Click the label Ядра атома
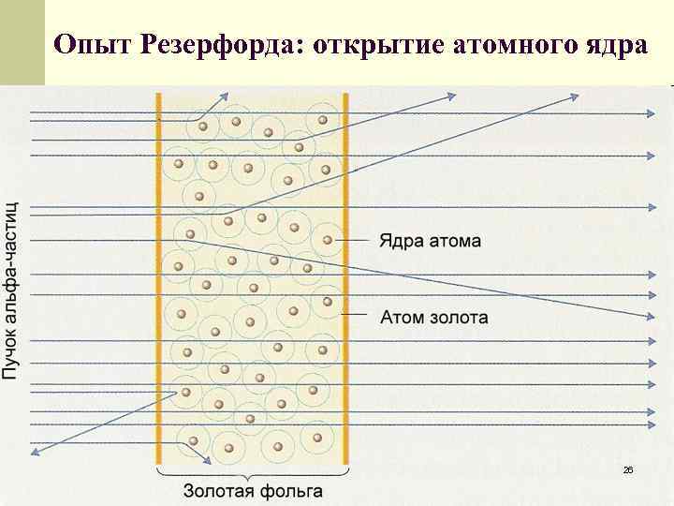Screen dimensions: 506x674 pyautogui.click(x=430, y=241)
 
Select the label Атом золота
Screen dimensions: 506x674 pyautogui.click(x=433, y=317)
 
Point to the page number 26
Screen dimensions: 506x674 pyautogui.click(x=628, y=469)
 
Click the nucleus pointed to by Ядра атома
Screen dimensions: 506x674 pyautogui.click(x=328, y=240)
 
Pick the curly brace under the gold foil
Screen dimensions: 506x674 pyautogui.click(x=253, y=473)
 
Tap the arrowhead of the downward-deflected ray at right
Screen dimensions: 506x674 pyautogui.click(x=649, y=316)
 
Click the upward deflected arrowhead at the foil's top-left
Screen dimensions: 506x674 pyautogui.click(x=225, y=94)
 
